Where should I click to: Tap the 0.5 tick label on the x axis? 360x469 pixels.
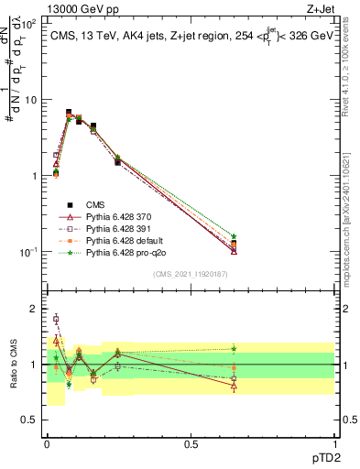[191, 444]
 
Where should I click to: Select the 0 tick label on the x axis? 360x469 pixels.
[47, 444]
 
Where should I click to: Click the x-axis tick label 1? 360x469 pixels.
[335, 444]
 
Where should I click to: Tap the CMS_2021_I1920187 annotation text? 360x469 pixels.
[191, 272]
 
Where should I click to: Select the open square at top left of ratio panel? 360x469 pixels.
[56, 319]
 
